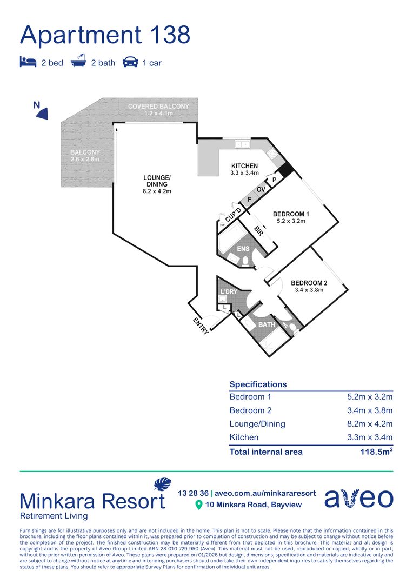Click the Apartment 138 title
105,35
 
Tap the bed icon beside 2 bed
28,62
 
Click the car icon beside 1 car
130,62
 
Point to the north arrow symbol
42,112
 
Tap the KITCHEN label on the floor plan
244,166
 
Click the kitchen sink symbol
242,144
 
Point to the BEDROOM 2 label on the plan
309,283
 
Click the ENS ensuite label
243,249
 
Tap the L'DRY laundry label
228,292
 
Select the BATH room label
267,325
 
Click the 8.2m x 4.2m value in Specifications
370,424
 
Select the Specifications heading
258,384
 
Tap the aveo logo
358,498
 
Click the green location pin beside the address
199,505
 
